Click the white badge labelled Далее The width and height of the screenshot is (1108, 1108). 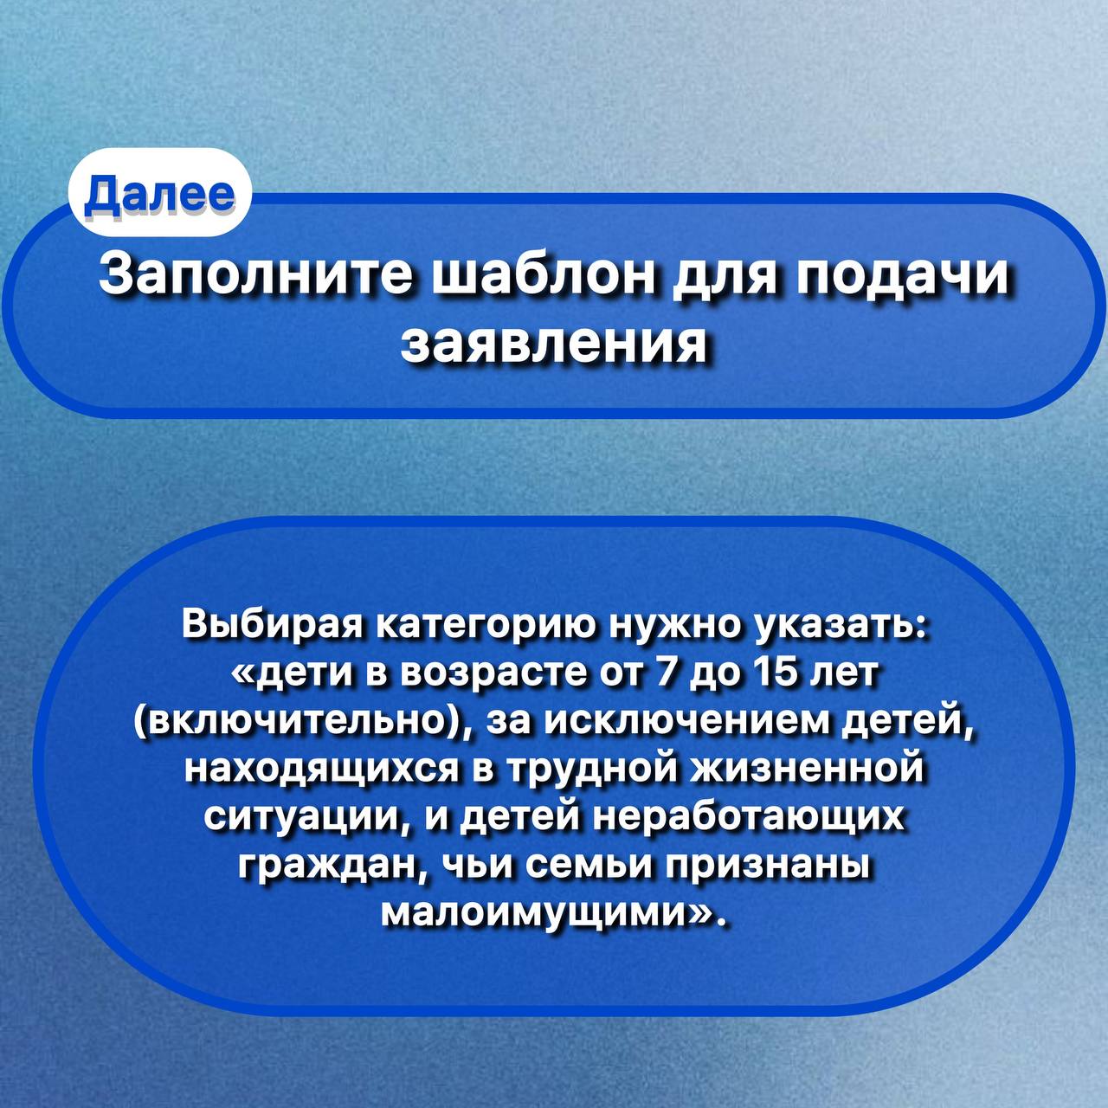point(159,192)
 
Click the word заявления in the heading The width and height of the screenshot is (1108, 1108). point(553,345)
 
